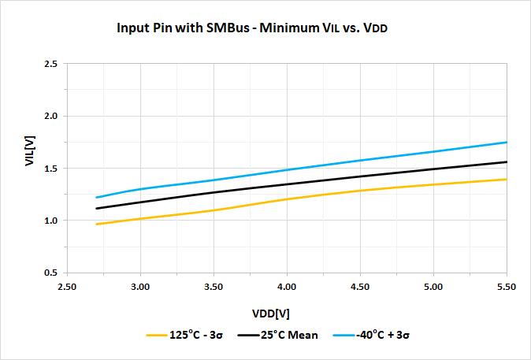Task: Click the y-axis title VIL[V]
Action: point(29,168)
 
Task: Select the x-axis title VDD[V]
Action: point(273,313)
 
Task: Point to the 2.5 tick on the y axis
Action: point(51,64)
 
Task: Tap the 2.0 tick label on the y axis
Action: point(51,116)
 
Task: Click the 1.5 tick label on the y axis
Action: point(51,168)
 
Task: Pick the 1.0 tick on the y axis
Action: point(51,220)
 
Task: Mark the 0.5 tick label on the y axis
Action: point(51,273)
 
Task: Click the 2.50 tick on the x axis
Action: point(67,288)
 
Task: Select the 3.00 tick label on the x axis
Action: point(140,288)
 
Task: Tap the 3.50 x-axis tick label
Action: point(214,288)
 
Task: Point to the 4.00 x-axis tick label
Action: point(287,288)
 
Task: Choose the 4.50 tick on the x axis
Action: point(360,288)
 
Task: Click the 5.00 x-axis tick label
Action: point(433,288)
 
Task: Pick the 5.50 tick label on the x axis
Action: point(506,288)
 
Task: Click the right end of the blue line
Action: point(506,143)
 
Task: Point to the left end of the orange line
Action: point(96,224)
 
